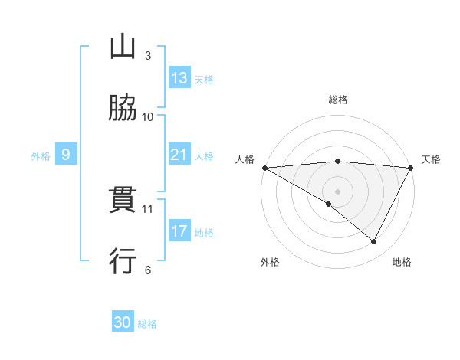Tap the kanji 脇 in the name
123,109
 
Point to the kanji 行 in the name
123,261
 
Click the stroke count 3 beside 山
148,55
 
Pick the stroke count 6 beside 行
148,270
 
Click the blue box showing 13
179,78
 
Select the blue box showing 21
179,155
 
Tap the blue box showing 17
179,231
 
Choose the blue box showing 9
66,155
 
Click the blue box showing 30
123,322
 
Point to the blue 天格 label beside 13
204,80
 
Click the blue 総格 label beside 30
147,324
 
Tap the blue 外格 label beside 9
41,156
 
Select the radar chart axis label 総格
338,100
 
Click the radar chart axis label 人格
245,159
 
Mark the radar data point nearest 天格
411,168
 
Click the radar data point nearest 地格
374,242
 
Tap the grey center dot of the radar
338,191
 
